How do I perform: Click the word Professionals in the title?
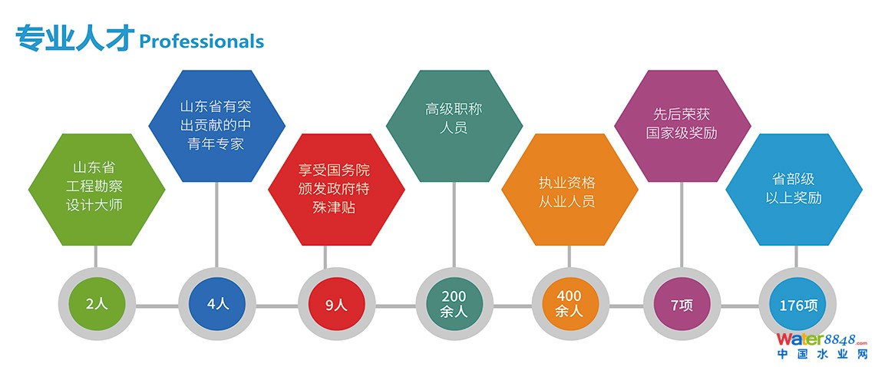point(201,41)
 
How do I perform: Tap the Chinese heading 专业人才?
point(74,38)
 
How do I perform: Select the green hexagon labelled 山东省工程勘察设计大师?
point(96,189)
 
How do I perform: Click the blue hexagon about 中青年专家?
point(216,126)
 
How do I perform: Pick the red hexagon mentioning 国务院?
point(335,189)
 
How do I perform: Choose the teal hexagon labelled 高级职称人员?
point(454,126)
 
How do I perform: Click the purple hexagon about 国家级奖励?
point(682,126)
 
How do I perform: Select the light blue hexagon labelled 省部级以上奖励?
point(794,189)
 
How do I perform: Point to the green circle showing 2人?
point(96,304)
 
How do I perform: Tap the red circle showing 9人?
point(336,304)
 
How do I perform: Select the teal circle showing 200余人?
point(454,304)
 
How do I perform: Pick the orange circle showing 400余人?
point(569,304)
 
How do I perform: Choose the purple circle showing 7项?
point(682,304)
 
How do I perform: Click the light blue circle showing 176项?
point(798,304)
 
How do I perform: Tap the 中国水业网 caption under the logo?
point(821,355)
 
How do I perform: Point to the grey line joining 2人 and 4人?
point(157,306)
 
